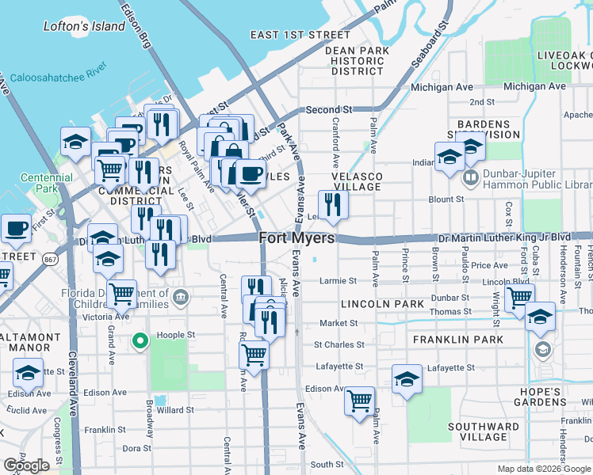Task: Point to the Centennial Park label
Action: pyautogui.click(x=40, y=183)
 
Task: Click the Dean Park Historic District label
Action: pyautogui.click(x=358, y=60)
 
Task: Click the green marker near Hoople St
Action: pyautogui.click(x=140, y=341)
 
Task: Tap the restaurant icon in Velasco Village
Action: pyautogui.click(x=333, y=206)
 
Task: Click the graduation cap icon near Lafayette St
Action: pyautogui.click(x=407, y=378)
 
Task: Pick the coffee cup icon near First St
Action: pyautogui.click(x=16, y=229)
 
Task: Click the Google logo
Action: pyautogui.click(x=26, y=465)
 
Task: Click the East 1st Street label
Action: pyautogui.click(x=300, y=35)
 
